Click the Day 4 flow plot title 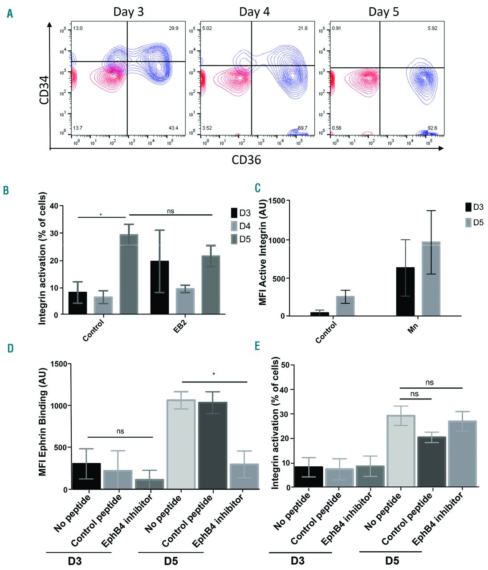pos(254,12)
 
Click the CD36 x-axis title pos(246,159)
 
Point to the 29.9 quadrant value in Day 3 pos(173,28)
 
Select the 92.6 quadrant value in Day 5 pos(432,128)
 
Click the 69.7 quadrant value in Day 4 pos(302,128)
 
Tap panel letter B pos(6,190)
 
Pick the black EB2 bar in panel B pos(159,287)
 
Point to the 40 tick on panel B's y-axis pos(54,206)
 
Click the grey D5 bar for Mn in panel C pos(431,278)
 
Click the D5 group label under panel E pos(392,560)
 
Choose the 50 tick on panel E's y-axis pos(284,365)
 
